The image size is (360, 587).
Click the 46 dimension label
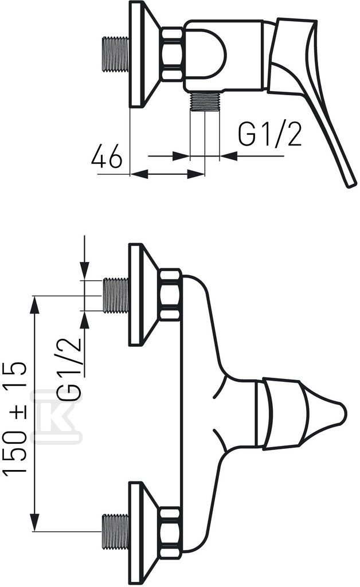click(x=107, y=156)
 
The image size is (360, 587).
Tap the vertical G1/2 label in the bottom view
click(x=69, y=369)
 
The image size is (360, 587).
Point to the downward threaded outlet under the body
click(x=205, y=102)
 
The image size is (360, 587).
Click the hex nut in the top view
click(x=173, y=53)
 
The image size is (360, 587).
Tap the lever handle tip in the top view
click(x=351, y=184)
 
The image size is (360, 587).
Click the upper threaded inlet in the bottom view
click(x=116, y=295)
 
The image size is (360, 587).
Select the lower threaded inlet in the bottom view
click(x=116, y=531)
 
